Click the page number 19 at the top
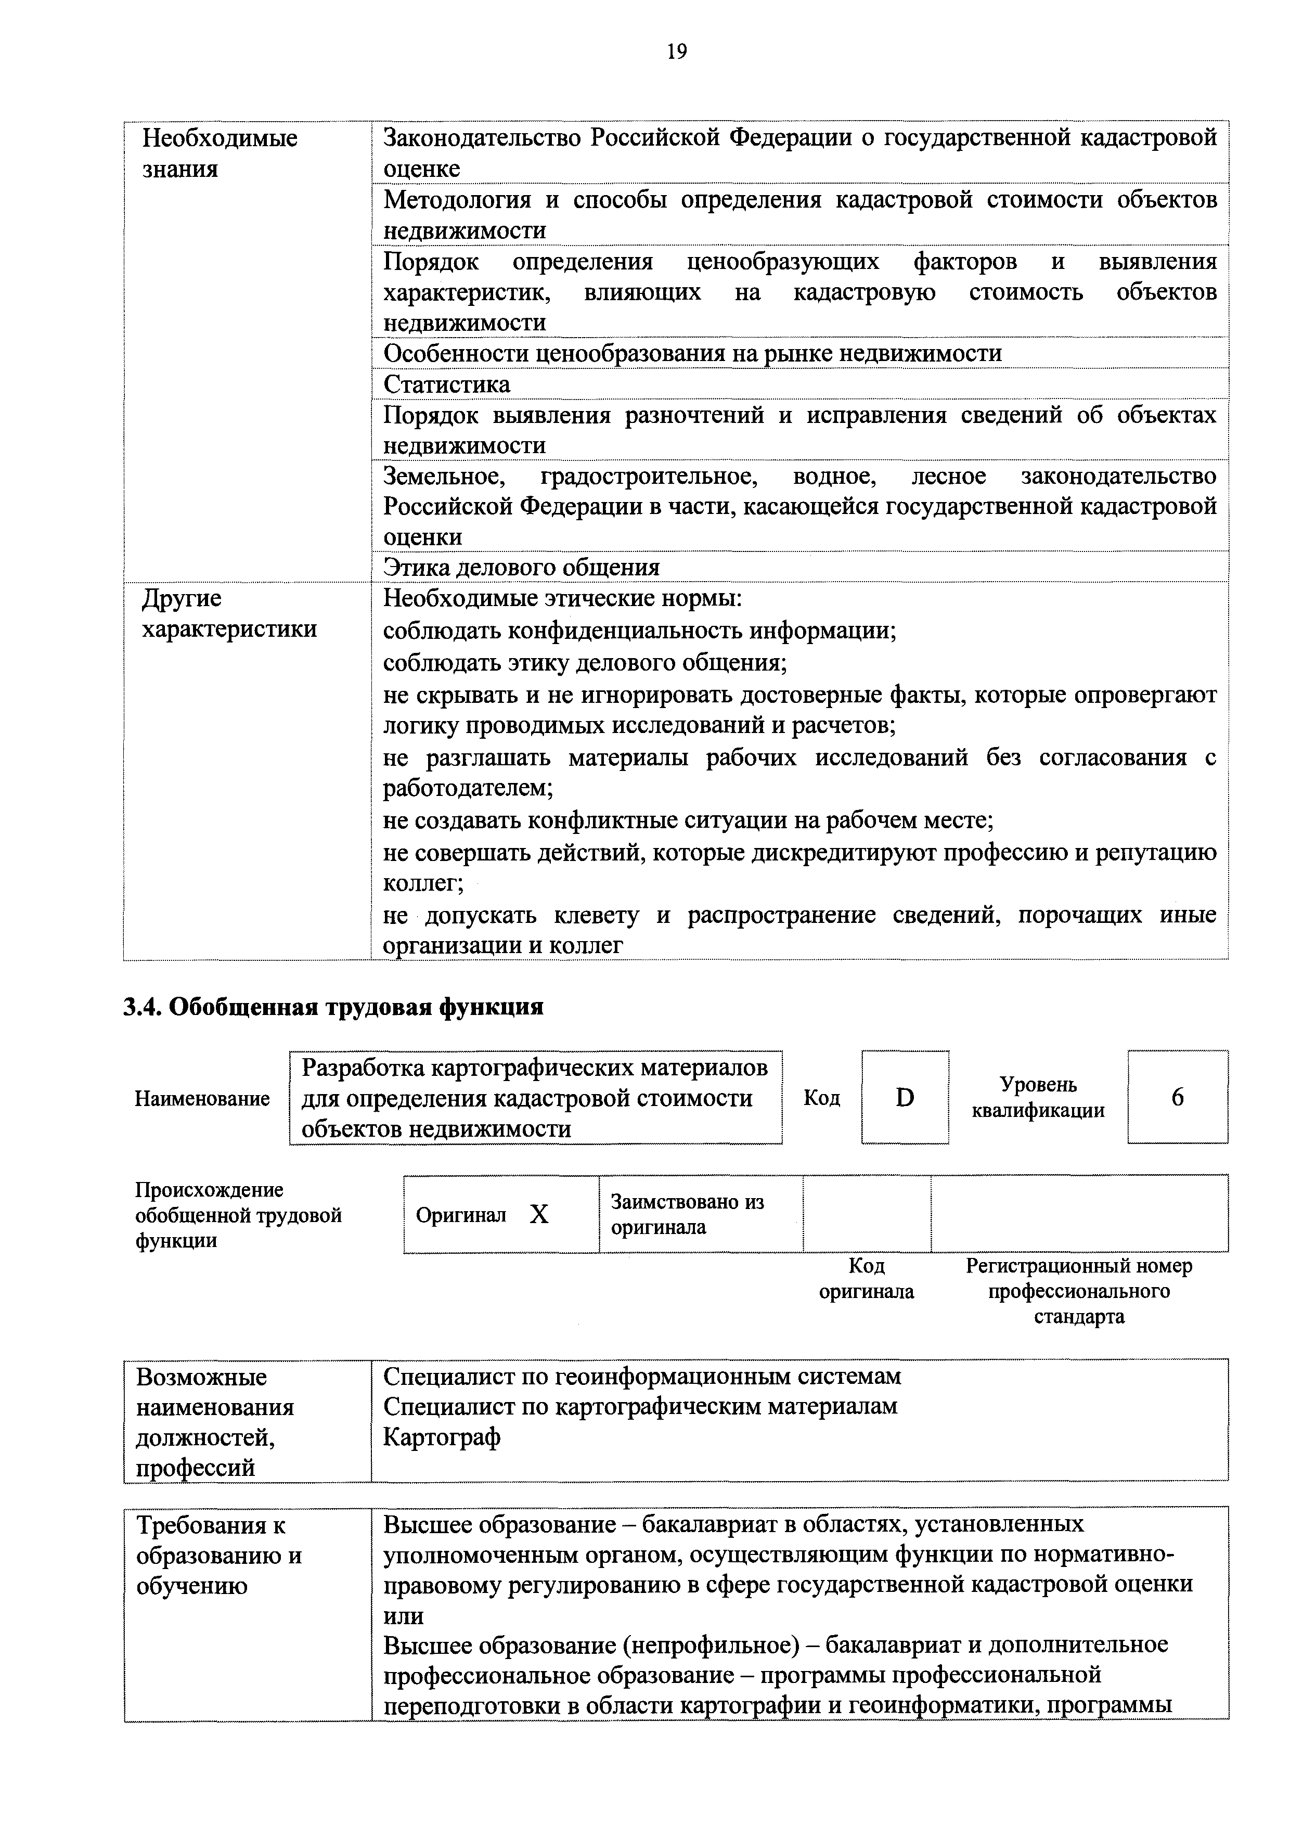(676, 53)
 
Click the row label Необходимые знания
(220, 153)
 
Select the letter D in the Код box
(905, 1098)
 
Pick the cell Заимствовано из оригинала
(687, 1214)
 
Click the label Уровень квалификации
(1038, 1098)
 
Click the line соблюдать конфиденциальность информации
(640, 631)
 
